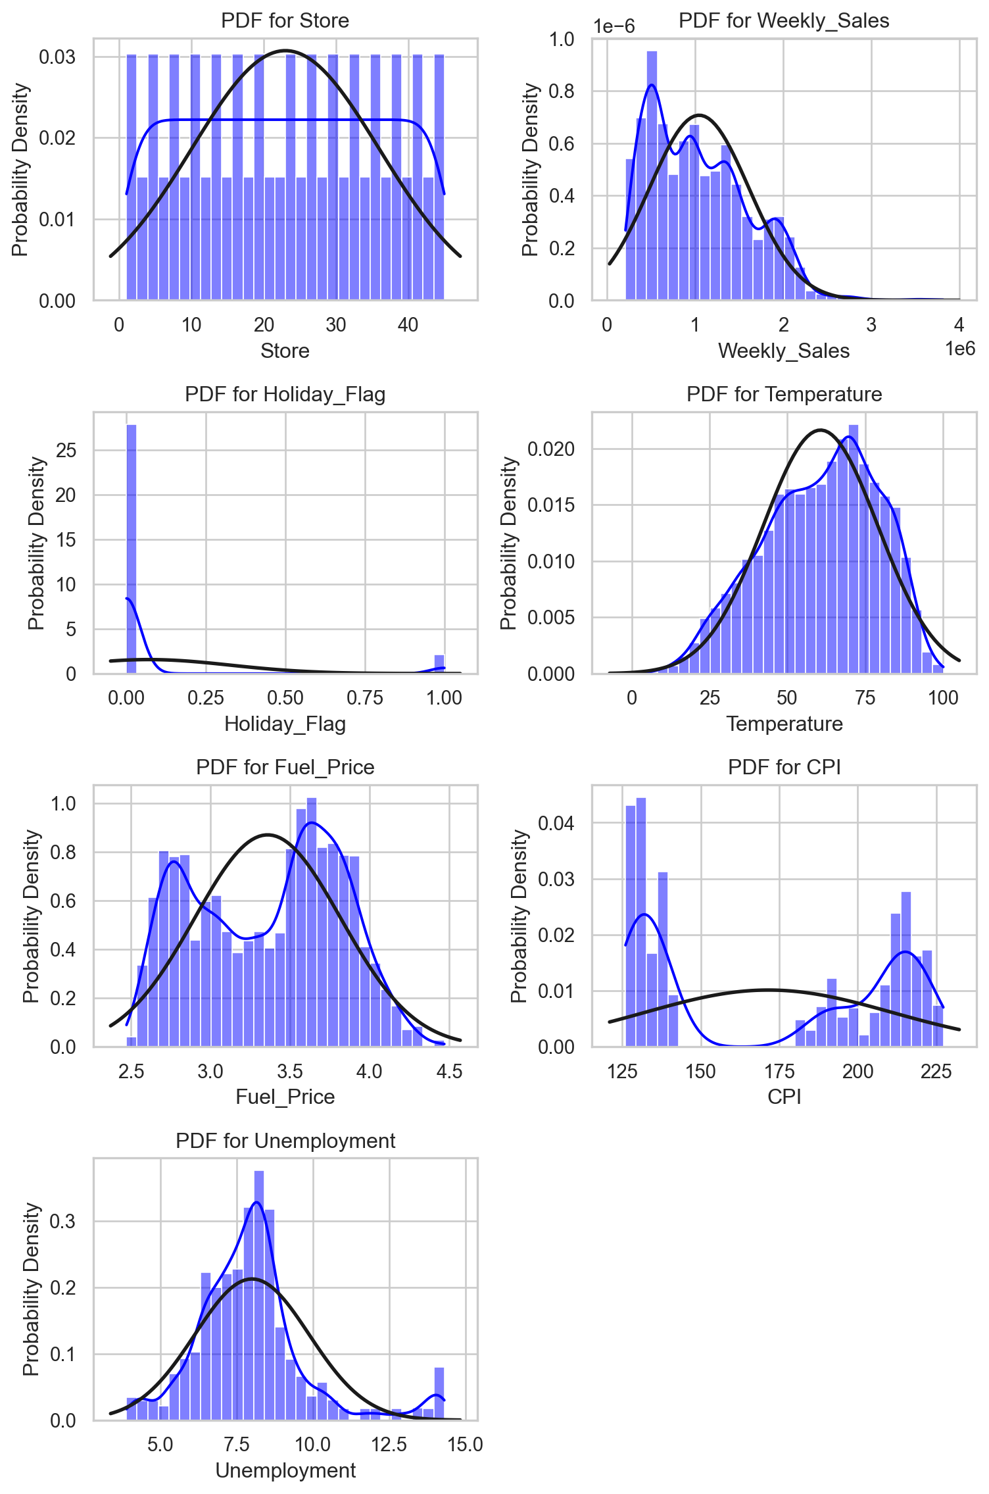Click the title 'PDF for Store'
click(x=285, y=21)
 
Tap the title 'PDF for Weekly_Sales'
click(x=784, y=21)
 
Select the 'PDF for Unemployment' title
click(x=285, y=1141)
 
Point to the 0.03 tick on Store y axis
click(x=57, y=57)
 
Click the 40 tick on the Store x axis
click(x=408, y=325)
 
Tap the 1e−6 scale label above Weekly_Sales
click(x=614, y=26)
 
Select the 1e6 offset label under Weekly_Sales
click(x=960, y=349)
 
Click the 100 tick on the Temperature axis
click(x=943, y=698)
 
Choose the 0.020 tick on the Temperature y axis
click(x=552, y=449)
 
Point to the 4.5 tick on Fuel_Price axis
click(x=449, y=1071)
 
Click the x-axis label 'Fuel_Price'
click(x=285, y=1097)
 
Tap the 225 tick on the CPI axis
click(x=936, y=1071)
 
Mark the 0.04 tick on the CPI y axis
click(x=556, y=823)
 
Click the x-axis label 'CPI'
click(x=784, y=1097)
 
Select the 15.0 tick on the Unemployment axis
click(x=466, y=1445)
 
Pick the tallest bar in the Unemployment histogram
click(x=259, y=1296)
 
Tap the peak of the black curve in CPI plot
click(x=768, y=989)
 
